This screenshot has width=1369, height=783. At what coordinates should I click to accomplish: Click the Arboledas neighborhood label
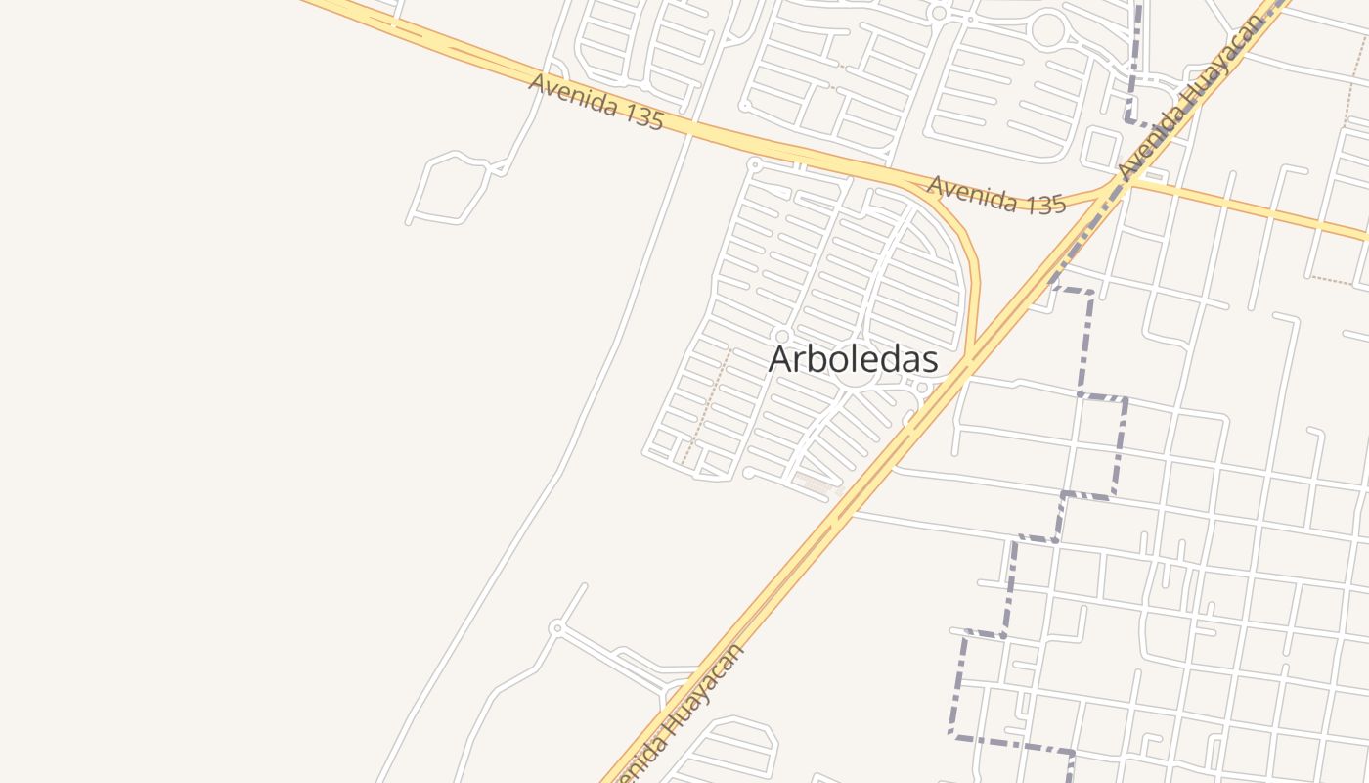tap(853, 359)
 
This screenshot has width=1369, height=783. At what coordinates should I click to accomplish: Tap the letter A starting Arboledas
tap(780, 359)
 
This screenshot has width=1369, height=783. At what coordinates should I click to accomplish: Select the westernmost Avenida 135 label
tap(596, 102)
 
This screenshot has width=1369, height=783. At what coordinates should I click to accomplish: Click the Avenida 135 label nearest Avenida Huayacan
tap(995, 195)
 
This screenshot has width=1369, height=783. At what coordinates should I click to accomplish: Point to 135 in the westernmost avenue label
tap(641, 115)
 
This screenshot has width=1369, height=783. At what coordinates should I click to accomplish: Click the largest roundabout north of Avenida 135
tap(1048, 30)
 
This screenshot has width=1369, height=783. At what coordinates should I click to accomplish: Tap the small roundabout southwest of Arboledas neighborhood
tap(556, 626)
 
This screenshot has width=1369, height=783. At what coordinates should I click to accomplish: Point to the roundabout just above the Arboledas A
tap(781, 337)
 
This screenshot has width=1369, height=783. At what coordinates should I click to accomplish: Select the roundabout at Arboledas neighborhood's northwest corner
tap(754, 163)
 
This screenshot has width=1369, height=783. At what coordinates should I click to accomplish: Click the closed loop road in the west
tap(450, 188)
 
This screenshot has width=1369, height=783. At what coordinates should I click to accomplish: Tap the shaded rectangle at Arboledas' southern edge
tap(816, 483)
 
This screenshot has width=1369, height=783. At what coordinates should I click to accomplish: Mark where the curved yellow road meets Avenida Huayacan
tap(968, 362)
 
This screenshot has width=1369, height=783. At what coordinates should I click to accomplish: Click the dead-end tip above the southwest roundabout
tap(586, 585)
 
